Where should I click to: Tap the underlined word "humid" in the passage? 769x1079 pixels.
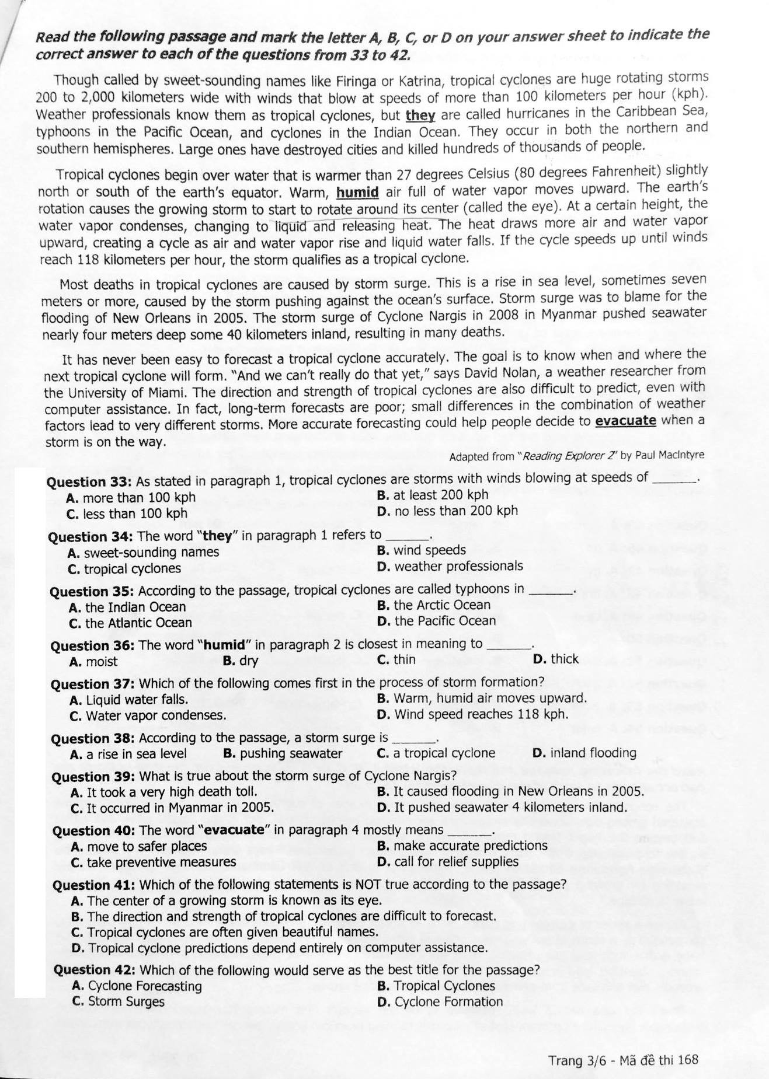coord(358,192)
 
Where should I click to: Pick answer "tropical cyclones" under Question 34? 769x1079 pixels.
coord(132,569)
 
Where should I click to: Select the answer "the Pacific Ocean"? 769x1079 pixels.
coord(444,621)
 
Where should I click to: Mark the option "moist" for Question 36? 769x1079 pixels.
coord(101,662)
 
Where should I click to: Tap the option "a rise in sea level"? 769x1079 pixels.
coord(136,754)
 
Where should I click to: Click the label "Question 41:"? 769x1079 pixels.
coord(94,885)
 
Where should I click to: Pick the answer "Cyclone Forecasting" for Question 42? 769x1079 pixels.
coord(144,986)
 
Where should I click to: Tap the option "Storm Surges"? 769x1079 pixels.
coord(126,1002)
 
